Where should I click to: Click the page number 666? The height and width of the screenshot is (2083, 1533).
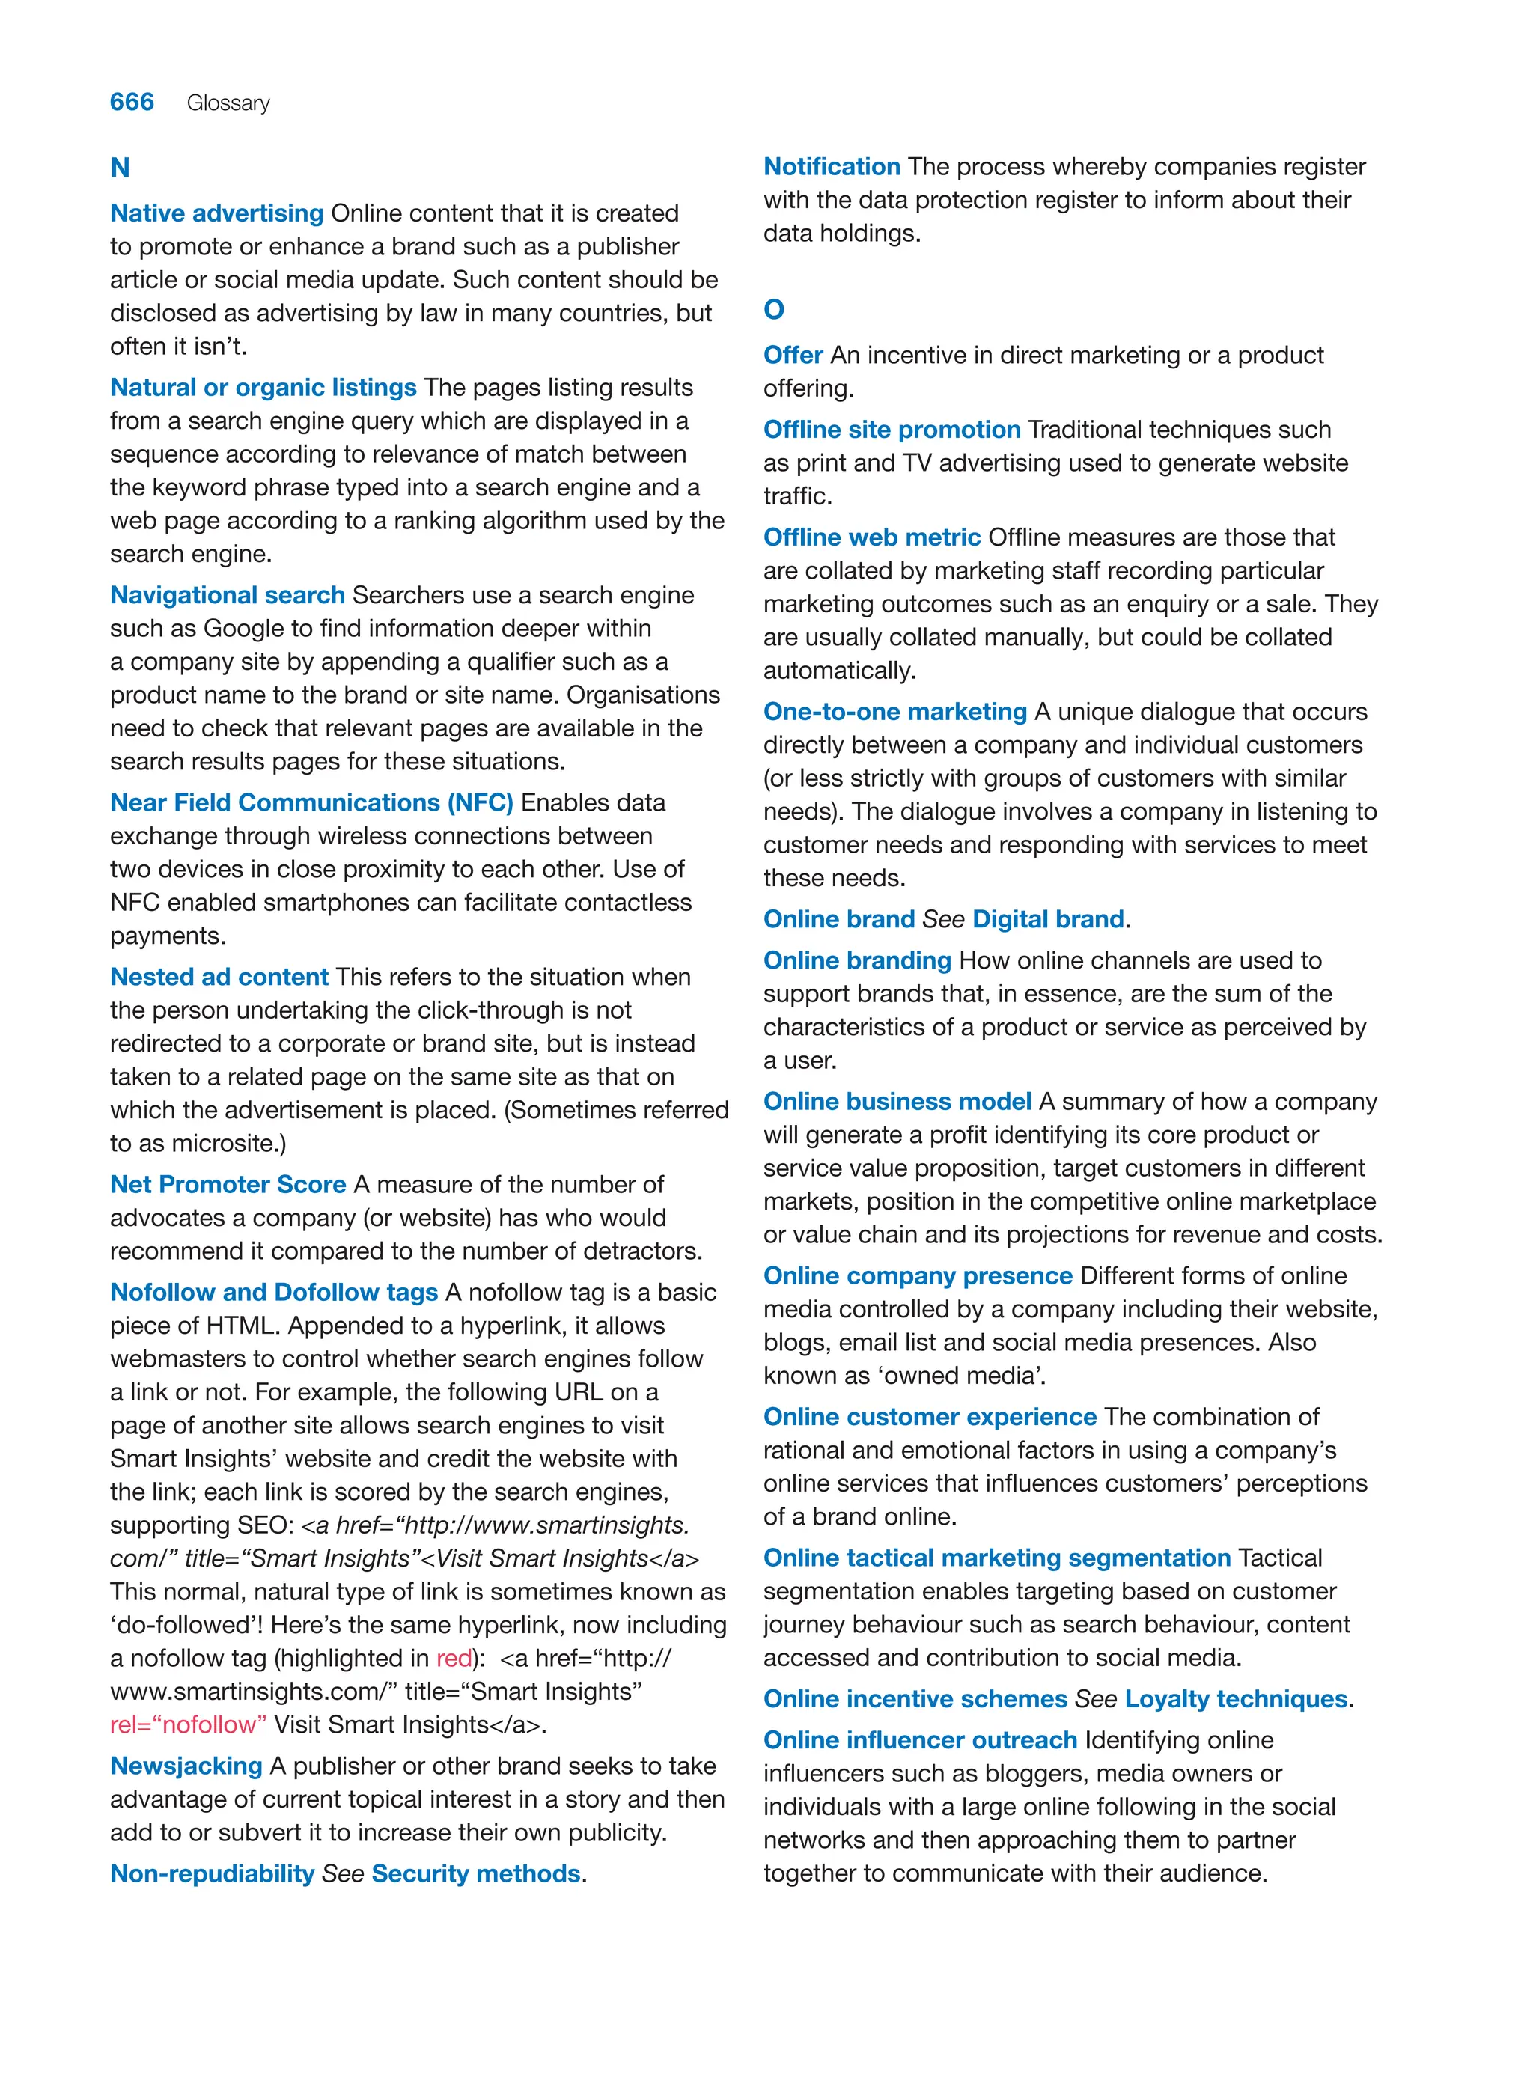point(132,102)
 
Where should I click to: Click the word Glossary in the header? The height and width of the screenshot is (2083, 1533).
point(228,103)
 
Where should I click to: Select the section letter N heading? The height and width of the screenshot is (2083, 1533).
point(120,168)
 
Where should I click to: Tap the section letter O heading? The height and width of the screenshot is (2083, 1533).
point(774,310)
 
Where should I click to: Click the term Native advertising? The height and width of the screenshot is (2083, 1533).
point(216,213)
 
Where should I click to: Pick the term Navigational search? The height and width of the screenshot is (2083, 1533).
point(228,595)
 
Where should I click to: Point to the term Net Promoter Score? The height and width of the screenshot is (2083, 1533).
point(228,1185)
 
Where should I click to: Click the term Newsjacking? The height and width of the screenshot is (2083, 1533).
point(186,1766)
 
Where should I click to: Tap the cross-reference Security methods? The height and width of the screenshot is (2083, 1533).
point(476,1873)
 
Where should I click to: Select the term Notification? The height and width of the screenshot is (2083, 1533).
point(832,167)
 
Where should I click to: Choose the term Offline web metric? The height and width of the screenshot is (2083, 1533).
point(871,537)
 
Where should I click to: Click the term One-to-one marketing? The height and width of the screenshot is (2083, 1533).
point(894,712)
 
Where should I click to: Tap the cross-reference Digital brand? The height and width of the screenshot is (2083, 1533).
point(1048,919)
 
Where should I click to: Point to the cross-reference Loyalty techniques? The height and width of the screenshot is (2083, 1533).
point(1235,1699)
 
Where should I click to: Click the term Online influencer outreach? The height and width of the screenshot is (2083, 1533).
point(920,1739)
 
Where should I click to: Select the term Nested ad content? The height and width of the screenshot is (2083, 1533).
point(219,977)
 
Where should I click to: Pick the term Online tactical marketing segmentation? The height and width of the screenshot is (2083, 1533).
point(996,1558)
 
